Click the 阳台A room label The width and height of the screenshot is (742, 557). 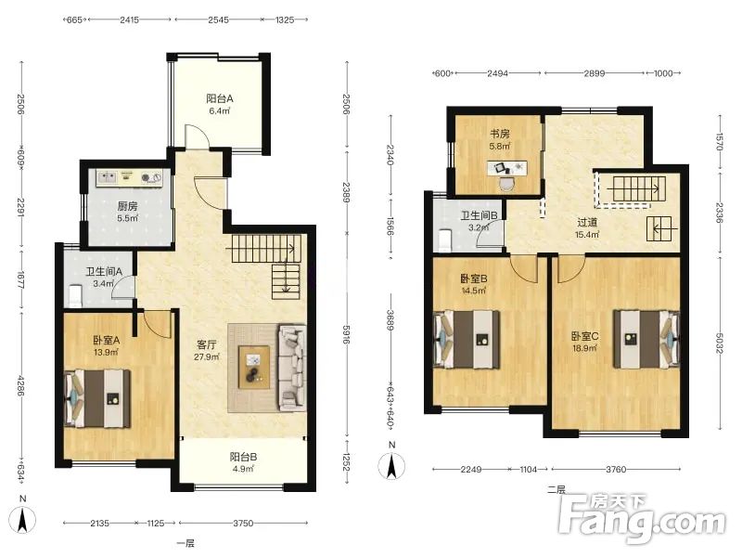[x=220, y=98]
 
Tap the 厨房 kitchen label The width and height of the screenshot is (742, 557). [x=127, y=206]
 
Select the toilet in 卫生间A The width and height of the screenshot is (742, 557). [x=75, y=296]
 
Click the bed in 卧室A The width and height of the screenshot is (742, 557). [x=97, y=399]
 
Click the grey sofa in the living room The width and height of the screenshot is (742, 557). [x=291, y=368]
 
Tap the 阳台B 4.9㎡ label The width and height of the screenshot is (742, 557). [x=243, y=462]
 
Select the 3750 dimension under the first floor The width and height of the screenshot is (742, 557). [x=243, y=524]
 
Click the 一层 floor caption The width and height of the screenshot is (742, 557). [x=185, y=544]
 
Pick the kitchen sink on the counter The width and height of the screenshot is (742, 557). [x=107, y=177]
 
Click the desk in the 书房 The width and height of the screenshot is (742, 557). [x=507, y=168]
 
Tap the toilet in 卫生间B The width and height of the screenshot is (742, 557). [x=445, y=240]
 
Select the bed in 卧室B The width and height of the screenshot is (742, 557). [x=467, y=340]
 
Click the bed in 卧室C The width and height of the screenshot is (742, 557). [x=646, y=339]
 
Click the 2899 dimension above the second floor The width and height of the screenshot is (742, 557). [x=594, y=73]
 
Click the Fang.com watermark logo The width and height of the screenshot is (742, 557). [x=642, y=519]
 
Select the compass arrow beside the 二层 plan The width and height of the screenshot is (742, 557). [x=391, y=466]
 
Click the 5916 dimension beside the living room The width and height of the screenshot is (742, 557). [x=346, y=334]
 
